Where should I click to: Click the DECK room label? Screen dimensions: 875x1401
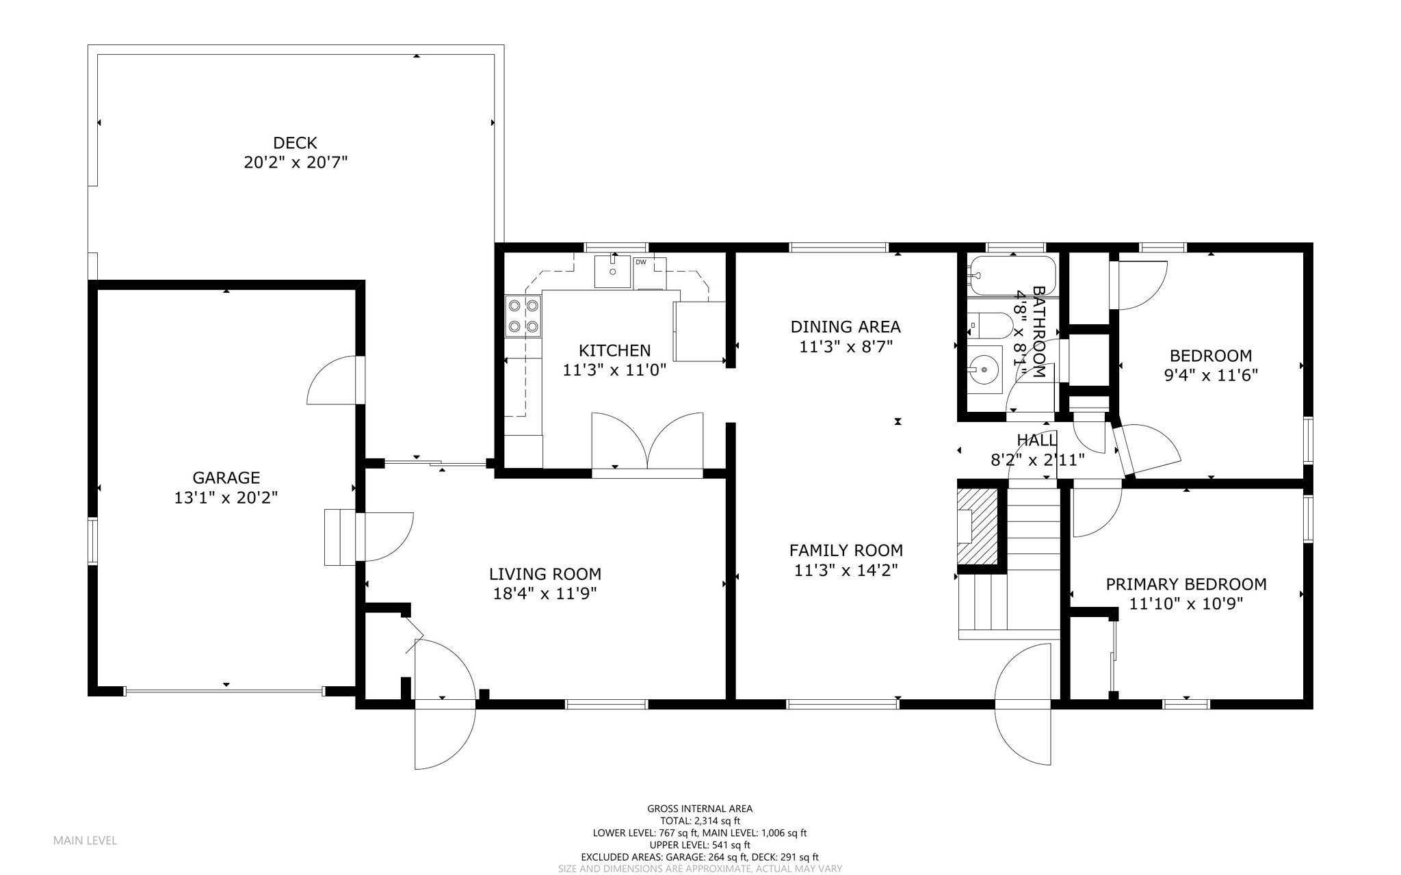coord(295,143)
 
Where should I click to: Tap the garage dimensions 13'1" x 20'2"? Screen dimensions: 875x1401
coord(226,497)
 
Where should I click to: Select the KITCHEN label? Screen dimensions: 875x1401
coord(614,350)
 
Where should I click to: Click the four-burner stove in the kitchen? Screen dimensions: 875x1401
coord(523,316)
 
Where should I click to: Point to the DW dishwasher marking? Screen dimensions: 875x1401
coord(641,263)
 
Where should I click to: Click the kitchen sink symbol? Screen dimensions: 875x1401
coord(612,272)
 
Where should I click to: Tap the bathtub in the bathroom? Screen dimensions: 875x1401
coord(1012,276)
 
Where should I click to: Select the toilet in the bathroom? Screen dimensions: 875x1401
coord(990,326)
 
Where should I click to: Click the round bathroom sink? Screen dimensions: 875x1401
coord(984,370)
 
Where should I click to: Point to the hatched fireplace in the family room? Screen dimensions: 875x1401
coord(977,526)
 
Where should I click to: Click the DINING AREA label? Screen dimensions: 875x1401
coord(846,326)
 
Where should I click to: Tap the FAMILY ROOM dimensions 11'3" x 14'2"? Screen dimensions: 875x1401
coord(846,570)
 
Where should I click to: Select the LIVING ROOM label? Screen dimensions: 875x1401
coord(545,574)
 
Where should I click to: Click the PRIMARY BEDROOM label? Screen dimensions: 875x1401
coord(1186,584)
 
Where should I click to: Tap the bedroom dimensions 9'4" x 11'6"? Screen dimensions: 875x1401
coord(1210,375)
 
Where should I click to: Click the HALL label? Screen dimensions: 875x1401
coord(1036,440)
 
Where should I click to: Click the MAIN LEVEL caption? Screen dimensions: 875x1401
coord(85,840)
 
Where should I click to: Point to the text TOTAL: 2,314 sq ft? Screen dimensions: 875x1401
coord(700,821)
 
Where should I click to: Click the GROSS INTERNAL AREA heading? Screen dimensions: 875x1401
coord(700,809)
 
